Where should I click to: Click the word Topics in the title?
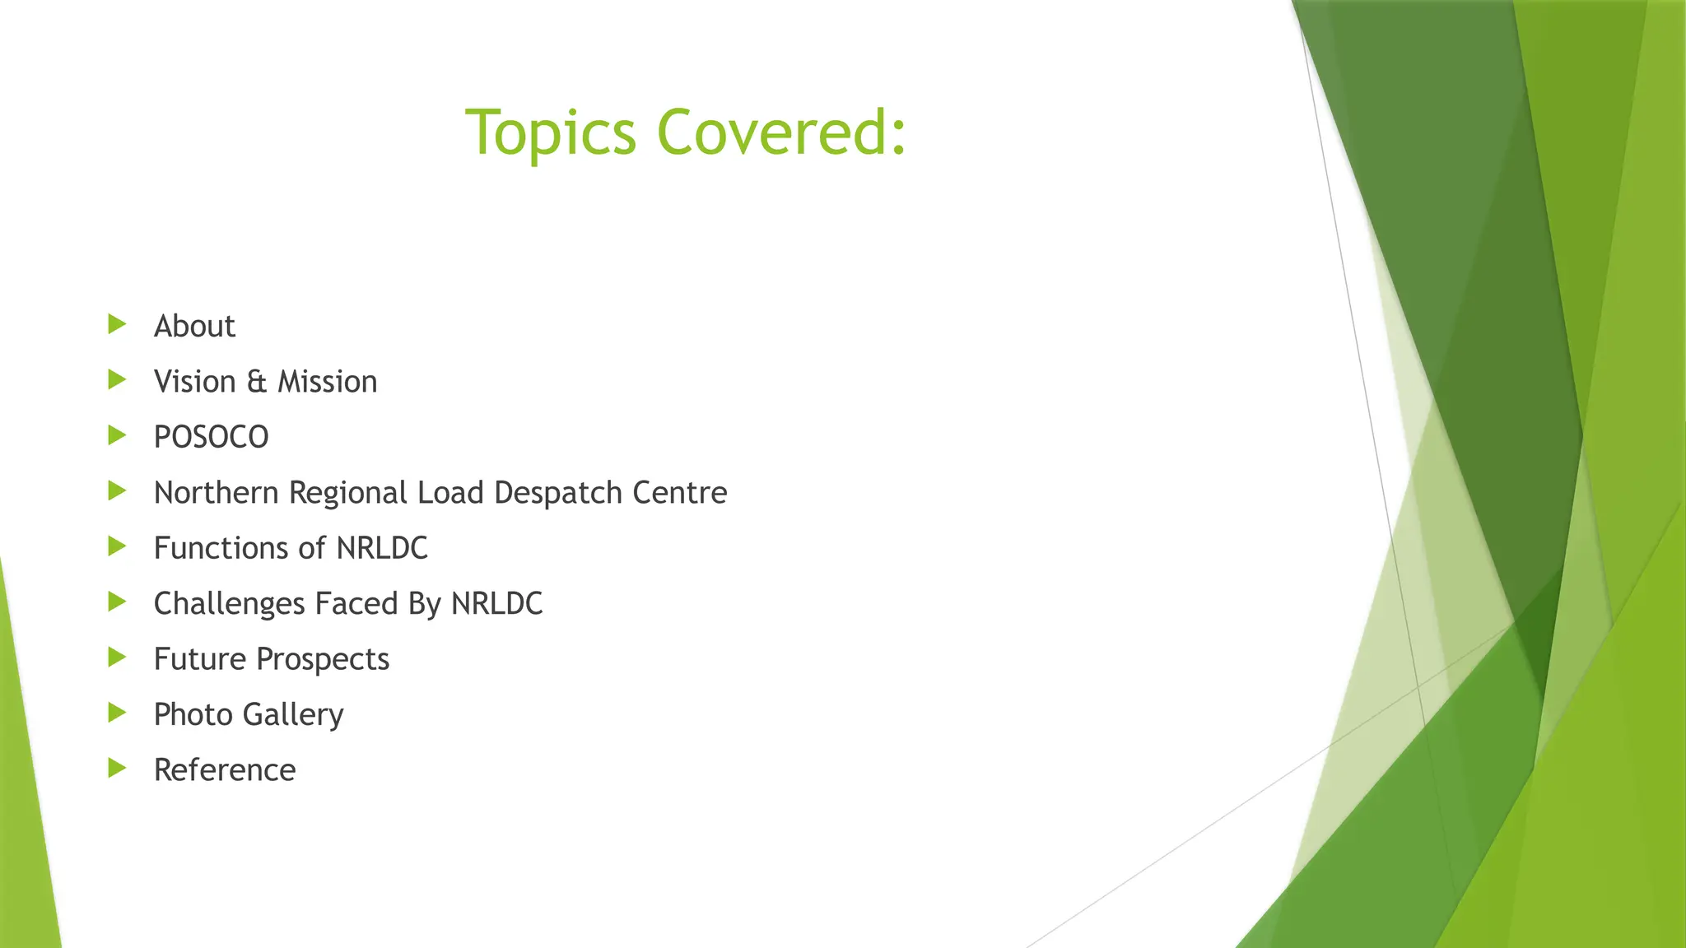(x=550, y=133)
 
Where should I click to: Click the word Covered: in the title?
(x=781, y=132)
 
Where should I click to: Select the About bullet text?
(x=194, y=327)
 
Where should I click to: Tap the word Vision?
(x=195, y=382)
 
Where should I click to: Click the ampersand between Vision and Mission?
(x=257, y=382)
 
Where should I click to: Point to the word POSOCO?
(x=211, y=437)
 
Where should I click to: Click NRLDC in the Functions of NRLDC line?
(x=382, y=548)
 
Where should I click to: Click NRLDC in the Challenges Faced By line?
(x=496, y=604)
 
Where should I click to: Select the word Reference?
(x=225, y=770)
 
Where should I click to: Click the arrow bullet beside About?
(x=117, y=324)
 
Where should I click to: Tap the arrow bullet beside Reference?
(x=117, y=769)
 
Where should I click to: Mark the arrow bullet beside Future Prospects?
(x=117, y=658)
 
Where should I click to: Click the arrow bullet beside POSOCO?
(x=117, y=435)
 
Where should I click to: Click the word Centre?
(x=679, y=493)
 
